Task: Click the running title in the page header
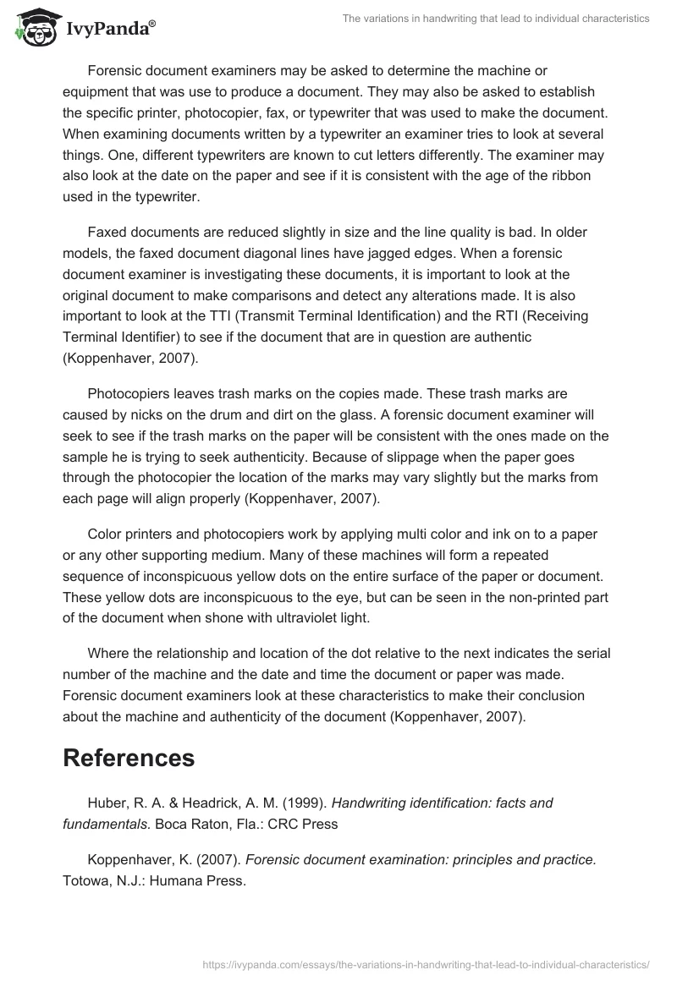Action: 495,19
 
